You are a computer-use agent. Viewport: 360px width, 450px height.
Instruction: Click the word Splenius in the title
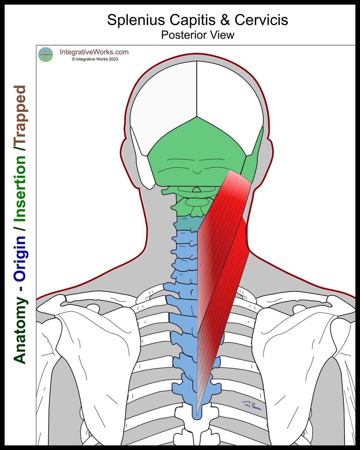(136, 20)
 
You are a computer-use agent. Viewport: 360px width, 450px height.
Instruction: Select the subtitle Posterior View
(197, 35)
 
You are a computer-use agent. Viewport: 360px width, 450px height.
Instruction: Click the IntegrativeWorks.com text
(94, 52)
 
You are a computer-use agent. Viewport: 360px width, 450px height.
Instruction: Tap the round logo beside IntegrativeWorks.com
(45, 55)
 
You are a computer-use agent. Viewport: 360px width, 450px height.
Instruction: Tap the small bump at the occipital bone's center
(197, 172)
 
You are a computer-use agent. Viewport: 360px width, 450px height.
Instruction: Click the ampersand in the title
(225, 20)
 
